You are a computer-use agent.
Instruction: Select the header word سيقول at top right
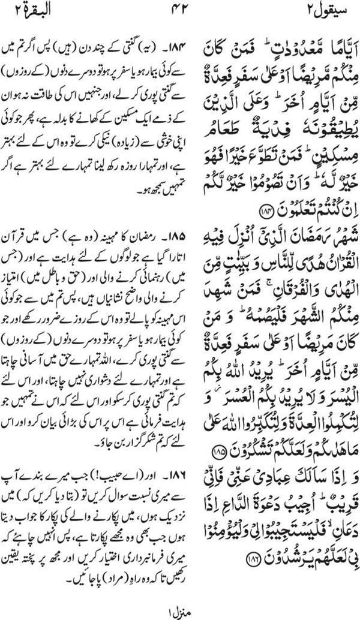click(325, 10)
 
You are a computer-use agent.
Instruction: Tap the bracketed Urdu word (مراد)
click(74, 561)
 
